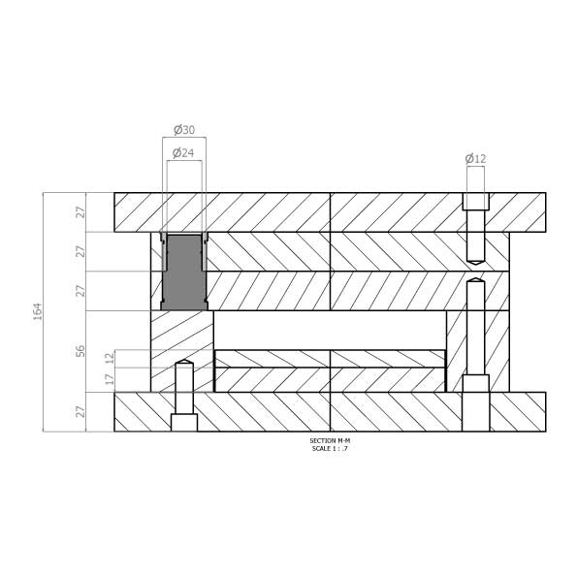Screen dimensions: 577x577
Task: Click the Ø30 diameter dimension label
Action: tap(184, 130)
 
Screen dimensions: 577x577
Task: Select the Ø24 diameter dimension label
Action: tap(183, 152)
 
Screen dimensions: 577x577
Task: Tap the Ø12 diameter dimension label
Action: tap(475, 159)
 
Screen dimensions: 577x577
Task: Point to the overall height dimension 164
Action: tap(38, 311)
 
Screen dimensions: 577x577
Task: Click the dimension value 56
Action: tap(80, 351)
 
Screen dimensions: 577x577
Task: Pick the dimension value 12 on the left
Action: tap(110, 358)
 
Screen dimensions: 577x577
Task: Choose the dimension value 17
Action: tap(110, 379)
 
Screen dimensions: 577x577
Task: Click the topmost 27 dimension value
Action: tap(80, 212)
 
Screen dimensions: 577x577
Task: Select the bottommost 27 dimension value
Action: tap(80, 412)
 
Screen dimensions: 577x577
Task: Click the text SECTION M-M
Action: tap(330, 440)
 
